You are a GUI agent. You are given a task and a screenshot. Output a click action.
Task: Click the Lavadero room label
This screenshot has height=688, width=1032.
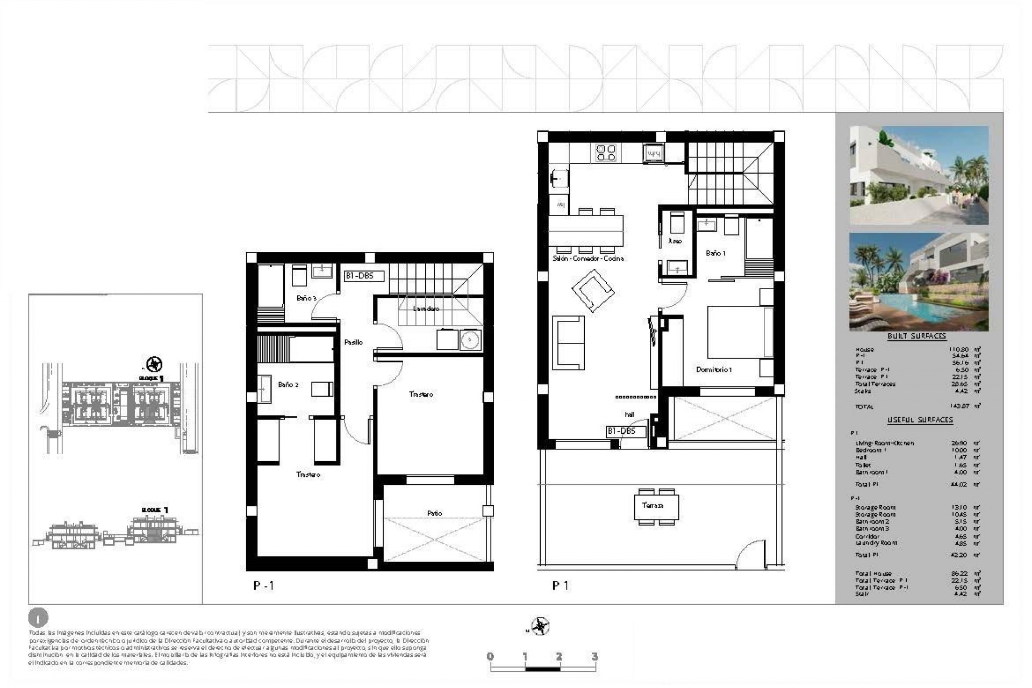[426, 309]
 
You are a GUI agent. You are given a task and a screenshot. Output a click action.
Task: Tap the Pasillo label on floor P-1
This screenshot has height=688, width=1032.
[353, 342]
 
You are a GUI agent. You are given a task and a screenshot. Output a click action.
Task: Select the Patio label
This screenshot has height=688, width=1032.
[434, 513]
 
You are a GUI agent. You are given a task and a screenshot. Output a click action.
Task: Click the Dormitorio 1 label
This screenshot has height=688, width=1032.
[714, 370]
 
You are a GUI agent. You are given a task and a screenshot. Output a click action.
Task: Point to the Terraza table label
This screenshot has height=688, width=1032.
[652, 505]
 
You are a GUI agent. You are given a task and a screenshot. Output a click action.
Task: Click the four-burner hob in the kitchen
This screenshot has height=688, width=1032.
[606, 153]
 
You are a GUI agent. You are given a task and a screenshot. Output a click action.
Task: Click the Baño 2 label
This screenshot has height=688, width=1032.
[288, 385]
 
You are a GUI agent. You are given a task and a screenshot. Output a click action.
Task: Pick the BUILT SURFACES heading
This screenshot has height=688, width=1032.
[916, 336]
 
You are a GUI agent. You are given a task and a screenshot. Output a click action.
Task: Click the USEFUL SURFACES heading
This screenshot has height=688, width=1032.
[920, 420]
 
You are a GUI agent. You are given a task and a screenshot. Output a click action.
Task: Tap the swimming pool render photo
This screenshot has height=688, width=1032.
[919, 282]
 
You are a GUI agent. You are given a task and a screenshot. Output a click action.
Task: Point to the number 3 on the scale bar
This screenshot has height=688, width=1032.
[594, 657]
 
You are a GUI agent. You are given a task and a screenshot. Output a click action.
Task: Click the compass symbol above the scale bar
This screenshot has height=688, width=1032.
[540, 626]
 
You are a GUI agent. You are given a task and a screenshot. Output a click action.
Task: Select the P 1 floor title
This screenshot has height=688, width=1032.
[560, 586]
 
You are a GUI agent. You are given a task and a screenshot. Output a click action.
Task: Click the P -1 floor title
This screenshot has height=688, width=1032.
[263, 586]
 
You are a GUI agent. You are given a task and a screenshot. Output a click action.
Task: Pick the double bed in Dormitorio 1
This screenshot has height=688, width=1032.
[740, 332]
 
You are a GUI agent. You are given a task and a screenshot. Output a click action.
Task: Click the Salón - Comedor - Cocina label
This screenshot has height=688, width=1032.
[588, 259]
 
